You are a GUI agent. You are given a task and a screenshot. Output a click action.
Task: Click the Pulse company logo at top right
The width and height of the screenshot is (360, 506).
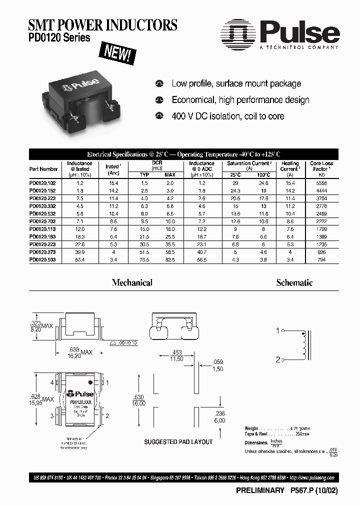[280, 33]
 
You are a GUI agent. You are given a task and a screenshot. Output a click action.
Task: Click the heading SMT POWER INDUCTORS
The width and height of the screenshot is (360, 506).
[103, 25]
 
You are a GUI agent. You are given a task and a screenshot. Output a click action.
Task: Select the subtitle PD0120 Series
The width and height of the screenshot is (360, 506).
[59, 38]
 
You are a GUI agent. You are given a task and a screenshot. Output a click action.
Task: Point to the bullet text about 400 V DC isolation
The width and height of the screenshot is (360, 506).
[227, 116]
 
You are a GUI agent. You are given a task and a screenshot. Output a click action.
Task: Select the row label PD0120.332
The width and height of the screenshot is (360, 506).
[43, 205]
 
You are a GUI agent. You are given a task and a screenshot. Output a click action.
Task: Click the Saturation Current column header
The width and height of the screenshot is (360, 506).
[249, 163]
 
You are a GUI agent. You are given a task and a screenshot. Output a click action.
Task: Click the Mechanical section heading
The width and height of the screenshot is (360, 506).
[132, 283]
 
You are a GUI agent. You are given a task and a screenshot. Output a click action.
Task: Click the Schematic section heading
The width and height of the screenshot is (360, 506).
[294, 283]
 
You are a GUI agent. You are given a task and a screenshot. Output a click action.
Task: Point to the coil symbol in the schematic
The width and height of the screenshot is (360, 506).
[303, 345]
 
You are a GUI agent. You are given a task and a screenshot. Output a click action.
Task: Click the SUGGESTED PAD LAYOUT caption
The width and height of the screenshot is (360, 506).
[178, 442]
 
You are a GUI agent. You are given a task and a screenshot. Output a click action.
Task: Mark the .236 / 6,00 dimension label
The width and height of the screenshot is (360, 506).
[219, 416]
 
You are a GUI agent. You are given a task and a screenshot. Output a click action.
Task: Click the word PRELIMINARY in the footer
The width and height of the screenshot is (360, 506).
[259, 491]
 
